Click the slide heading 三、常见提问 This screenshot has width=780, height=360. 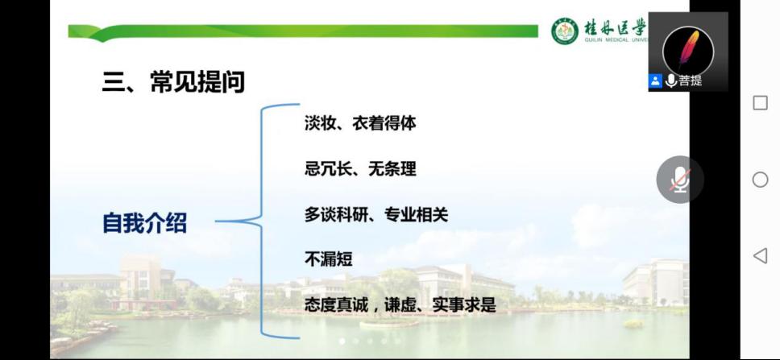[x=173, y=82]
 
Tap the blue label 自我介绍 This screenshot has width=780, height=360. [x=145, y=223]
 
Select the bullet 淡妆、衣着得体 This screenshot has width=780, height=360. [x=360, y=123]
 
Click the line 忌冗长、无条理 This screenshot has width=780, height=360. [x=360, y=169]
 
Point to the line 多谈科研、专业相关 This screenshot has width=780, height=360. [x=376, y=215]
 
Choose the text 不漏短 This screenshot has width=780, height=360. [x=328, y=259]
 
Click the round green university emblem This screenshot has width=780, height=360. [x=565, y=31]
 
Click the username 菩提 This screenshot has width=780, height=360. [x=691, y=81]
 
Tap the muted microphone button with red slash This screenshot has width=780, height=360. [x=680, y=180]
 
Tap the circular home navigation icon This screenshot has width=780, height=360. [x=760, y=180]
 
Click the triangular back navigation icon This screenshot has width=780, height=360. [x=760, y=255]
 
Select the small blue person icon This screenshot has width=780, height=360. [x=655, y=81]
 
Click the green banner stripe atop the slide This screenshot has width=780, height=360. [x=303, y=32]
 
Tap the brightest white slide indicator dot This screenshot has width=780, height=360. [x=342, y=341]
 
